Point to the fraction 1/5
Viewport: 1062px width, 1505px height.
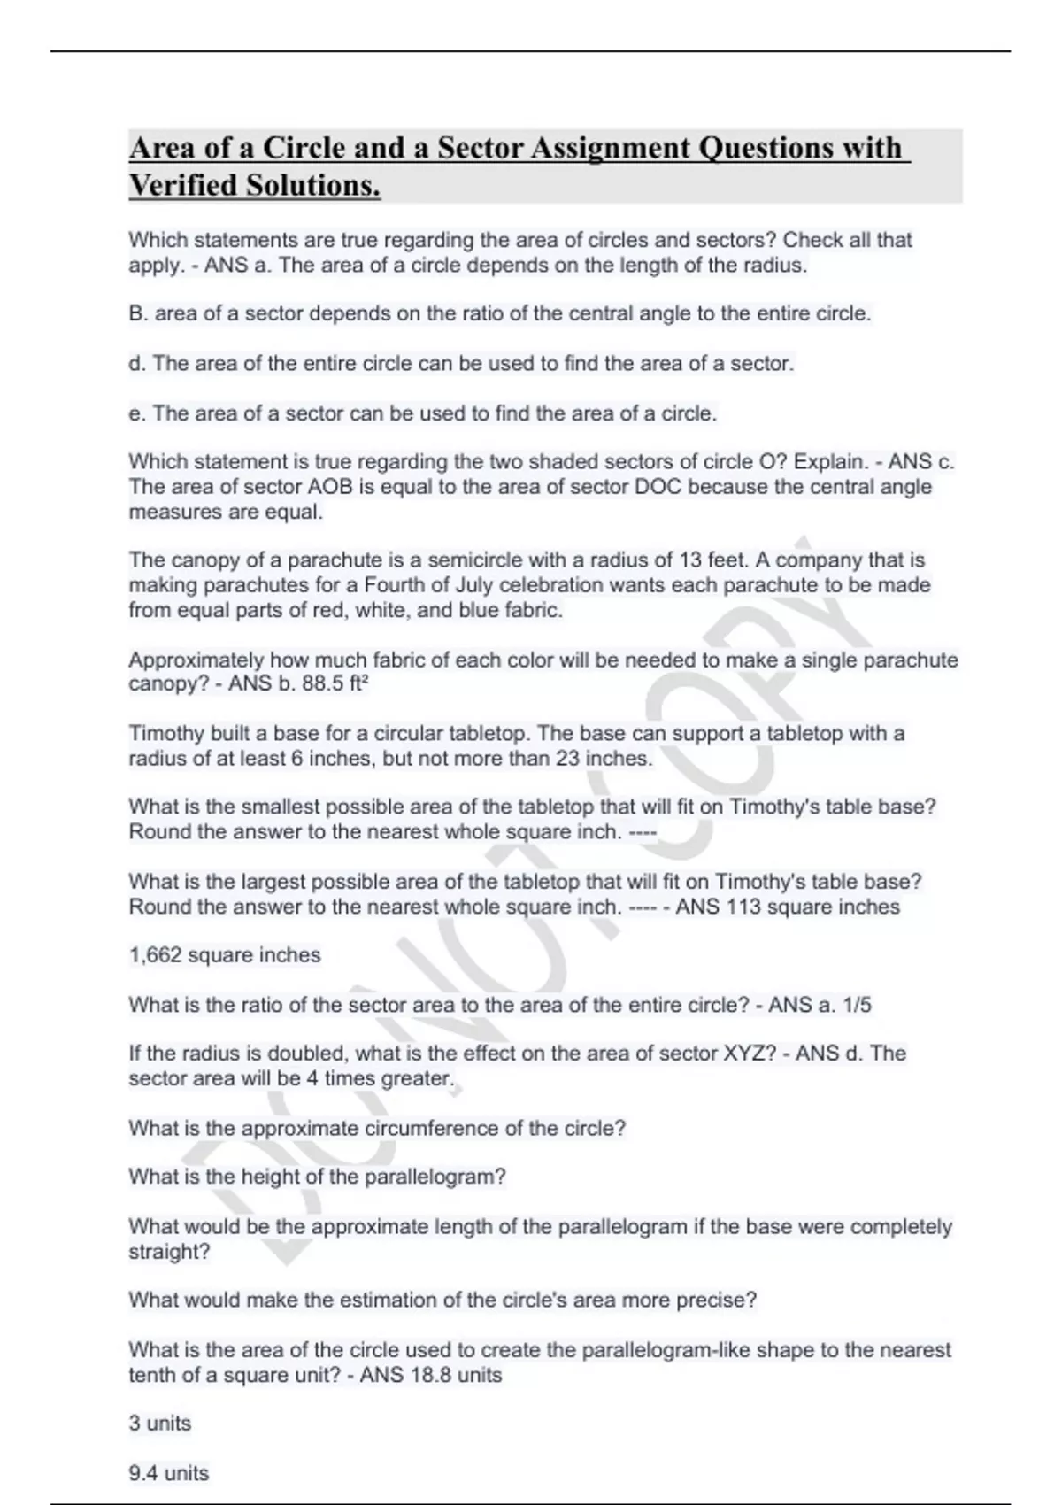(857, 1005)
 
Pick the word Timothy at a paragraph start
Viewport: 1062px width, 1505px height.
(165, 734)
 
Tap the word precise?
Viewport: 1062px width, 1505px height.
(717, 1300)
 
